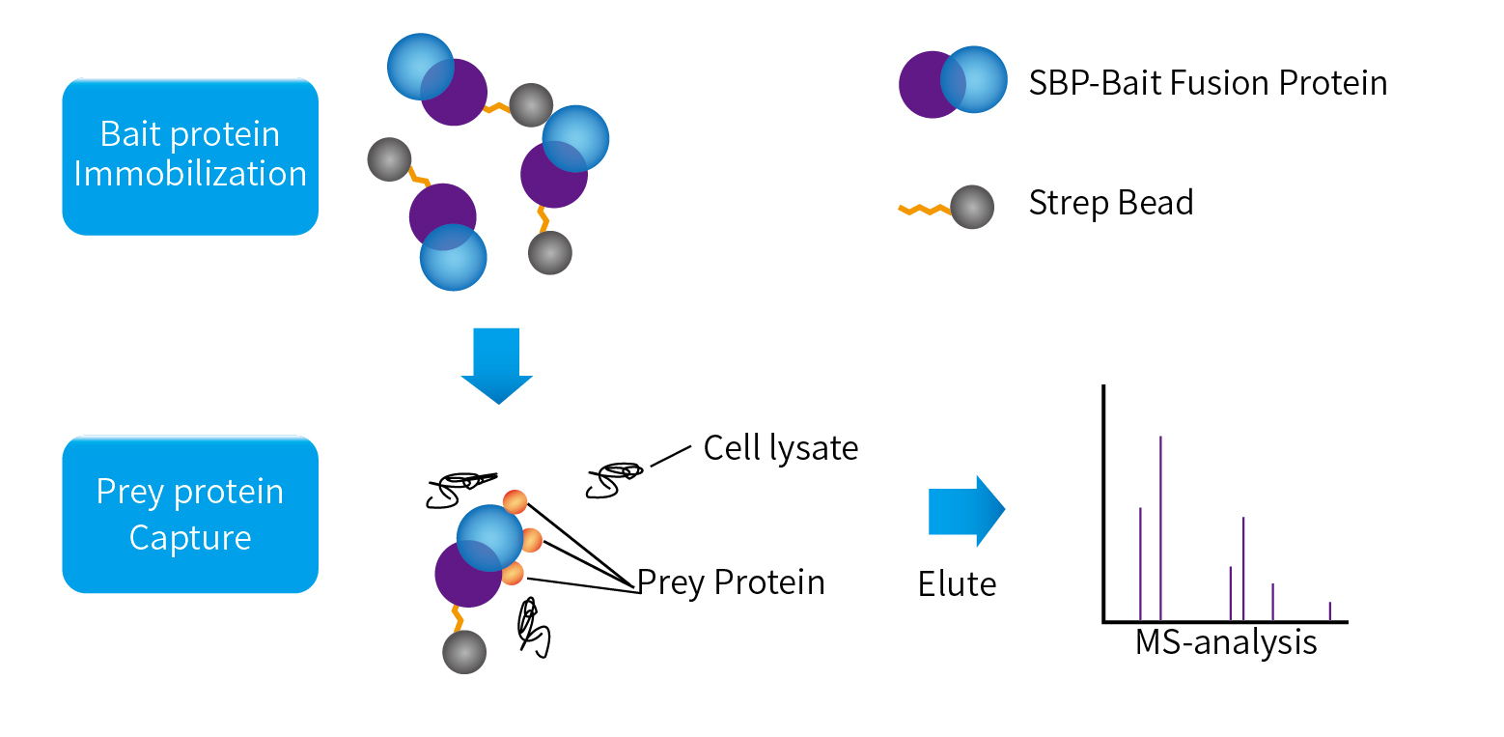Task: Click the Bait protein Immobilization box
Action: (190, 156)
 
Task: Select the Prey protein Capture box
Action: (190, 514)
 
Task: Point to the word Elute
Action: (957, 583)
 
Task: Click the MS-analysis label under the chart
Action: (1226, 642)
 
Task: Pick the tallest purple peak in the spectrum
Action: (1160, 526)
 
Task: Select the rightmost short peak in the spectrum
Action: (1330, 611)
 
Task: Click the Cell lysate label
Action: (780, 448)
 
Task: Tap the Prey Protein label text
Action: (731, 582)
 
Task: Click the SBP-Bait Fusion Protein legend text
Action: (1208, 83)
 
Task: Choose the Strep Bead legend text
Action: (1111, 203)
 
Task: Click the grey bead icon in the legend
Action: (972, 207)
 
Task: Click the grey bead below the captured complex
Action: (464, 652)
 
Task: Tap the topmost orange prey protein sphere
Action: (515, 501)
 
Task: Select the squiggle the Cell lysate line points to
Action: (615, 477)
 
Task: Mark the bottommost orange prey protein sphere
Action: (512, 574)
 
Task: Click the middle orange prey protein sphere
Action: (530, 539)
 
